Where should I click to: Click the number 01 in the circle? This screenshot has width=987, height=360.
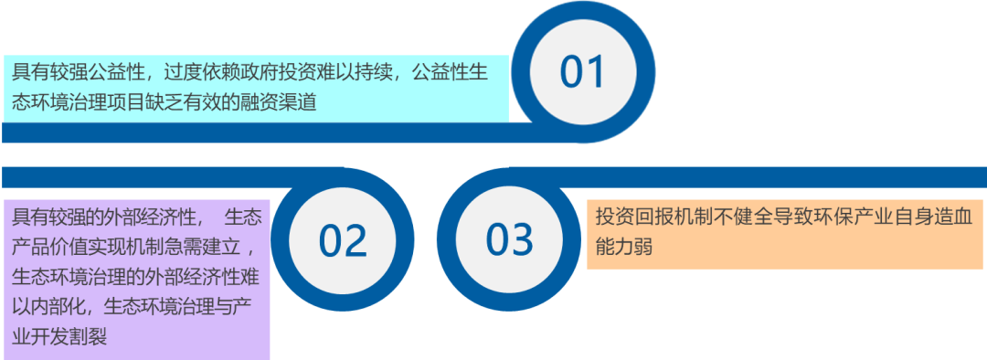pos(582,71)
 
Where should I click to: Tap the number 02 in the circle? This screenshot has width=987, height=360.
pos(343,239)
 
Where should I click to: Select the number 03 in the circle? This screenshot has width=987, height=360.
pos(510,239)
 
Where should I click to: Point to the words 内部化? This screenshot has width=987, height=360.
pos(58,306)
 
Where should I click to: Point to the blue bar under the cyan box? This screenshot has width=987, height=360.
pos(271,132)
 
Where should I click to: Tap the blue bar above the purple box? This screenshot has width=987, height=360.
pos(173,177)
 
